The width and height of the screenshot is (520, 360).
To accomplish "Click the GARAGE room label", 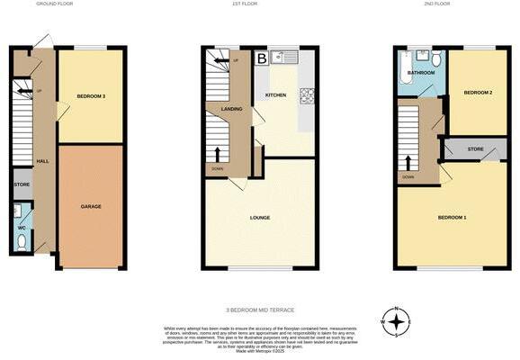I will [x=90, y=207].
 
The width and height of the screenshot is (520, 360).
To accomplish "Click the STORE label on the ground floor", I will [x=22, y=184].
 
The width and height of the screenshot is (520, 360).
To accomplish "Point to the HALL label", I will [x=41, y=161].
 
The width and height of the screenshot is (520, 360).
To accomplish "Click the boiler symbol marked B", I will [x=262, y=58].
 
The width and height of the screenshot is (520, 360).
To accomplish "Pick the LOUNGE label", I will [x=261, y=218].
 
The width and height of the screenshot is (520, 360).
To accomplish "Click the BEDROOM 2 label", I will [x=476, y=93].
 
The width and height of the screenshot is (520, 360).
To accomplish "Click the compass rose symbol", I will [x=396, y=320].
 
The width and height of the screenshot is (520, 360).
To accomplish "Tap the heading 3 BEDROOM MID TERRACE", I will [x=261, y=309].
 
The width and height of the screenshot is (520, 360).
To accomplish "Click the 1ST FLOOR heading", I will [x=259, y=4].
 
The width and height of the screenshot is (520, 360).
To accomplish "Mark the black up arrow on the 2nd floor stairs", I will [x=408, y=162].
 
